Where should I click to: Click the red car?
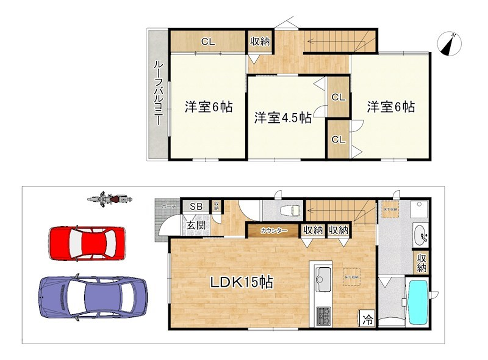coord(87,242)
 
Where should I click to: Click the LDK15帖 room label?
coord(241,282)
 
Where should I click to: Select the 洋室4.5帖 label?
coord(281,116)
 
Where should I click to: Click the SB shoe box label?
coord(196,207)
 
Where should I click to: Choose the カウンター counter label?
coord(274,231)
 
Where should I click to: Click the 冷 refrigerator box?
coord(367,319)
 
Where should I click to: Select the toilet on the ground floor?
coord(290,210)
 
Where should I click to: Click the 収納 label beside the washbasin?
coord(422,262)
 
